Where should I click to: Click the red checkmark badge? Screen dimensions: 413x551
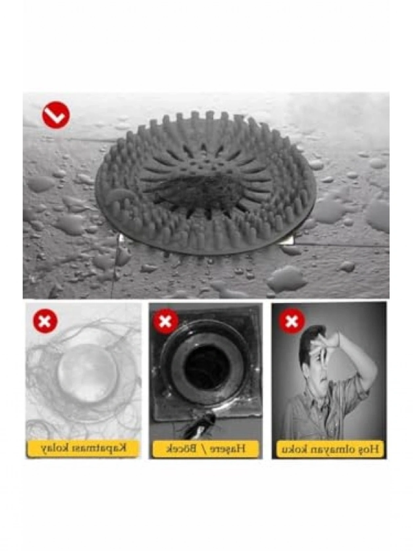pos(56,115)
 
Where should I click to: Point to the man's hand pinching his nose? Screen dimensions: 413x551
pos(327,348)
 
